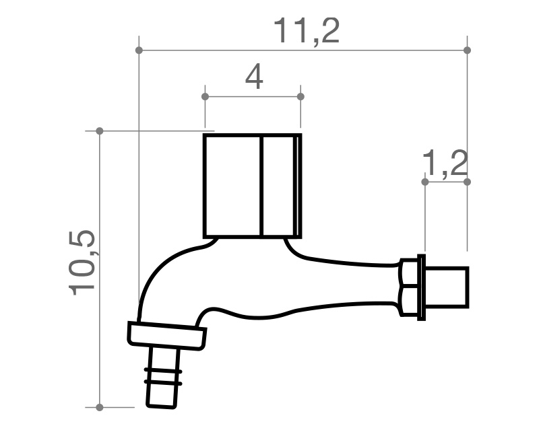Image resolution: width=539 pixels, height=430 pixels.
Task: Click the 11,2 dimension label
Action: pyautogui.click(x=307, y=31)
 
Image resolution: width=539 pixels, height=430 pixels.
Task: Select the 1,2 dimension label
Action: pyautogui.click(x=445, y=164)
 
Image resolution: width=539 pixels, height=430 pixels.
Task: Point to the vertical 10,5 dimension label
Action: pyautogui.click(x=82, y=262)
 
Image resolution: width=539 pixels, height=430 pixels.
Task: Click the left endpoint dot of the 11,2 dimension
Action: pyautogui.click(x=139, y=50)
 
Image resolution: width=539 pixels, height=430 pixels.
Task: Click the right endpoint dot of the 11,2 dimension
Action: pyautogui.click(x=467, y=50)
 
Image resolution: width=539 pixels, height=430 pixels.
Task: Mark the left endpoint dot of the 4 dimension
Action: pyautogui.click(x=205, y=96)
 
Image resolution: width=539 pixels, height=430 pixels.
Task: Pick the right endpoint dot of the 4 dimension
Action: pyautogui.click(x=300, y=96)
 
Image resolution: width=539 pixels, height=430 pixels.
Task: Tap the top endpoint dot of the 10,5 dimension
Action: pyautogui.click(x=100, y=131)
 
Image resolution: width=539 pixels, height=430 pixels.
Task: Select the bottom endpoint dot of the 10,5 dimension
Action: pyautogui.click(x=100, y=407)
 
